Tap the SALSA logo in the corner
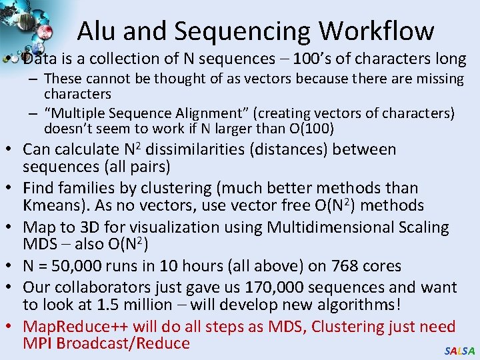pyautogui.click(x=459, y=351)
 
